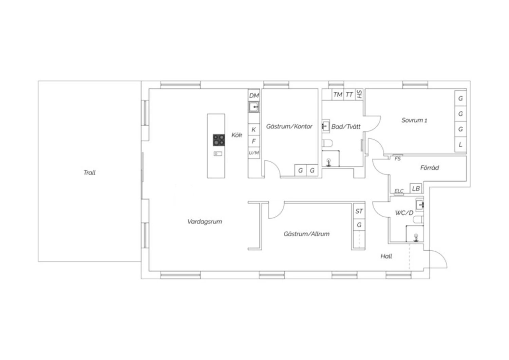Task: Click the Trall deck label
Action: (90, 173)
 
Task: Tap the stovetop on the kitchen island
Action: (219, 140)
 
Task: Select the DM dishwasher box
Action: (254, 95)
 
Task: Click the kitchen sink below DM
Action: (253, 107)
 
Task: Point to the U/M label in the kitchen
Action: (254, 153)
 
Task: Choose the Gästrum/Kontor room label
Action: (289, 126)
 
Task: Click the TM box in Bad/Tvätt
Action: (338, 94)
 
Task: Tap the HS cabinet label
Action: (359, 94)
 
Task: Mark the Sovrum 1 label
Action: (414, 120)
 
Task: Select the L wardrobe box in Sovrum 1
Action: (460, 144)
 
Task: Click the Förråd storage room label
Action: (430, 168)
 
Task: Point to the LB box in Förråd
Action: (416, 188)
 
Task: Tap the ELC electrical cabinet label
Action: (399, 191)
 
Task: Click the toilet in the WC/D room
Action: (418, 220)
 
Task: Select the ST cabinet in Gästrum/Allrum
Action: (359, 211)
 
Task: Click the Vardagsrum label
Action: (205, 221)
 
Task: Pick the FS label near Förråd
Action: (397, 159)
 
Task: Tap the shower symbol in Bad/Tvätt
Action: (328, 162)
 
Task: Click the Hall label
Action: (386, 256)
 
